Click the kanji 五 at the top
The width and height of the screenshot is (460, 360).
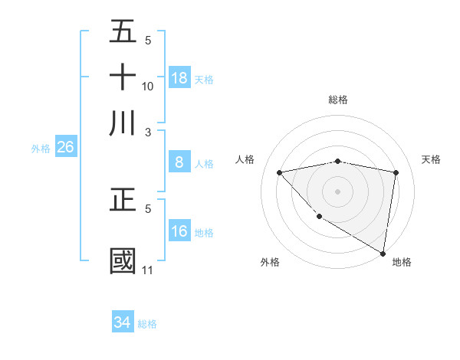(123, 31)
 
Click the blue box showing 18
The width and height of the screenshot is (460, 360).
(179, 78)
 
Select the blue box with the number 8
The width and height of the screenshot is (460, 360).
(179, 162)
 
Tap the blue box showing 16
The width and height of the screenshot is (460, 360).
(179, 231)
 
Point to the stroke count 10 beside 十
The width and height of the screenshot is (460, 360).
(148, 87)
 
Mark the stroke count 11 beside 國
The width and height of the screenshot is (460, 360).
(147, 270)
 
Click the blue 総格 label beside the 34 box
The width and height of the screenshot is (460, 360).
(147, 324)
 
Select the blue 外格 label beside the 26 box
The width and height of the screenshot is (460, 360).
(41, 149)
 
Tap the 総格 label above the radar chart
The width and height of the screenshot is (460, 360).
(338, 100)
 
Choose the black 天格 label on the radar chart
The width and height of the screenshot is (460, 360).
(431, 159)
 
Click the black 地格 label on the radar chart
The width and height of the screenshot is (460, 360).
(402, 262)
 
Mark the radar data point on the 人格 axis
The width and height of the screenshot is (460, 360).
(280, 172)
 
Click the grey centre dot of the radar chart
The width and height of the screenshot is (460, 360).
(338, 191)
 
